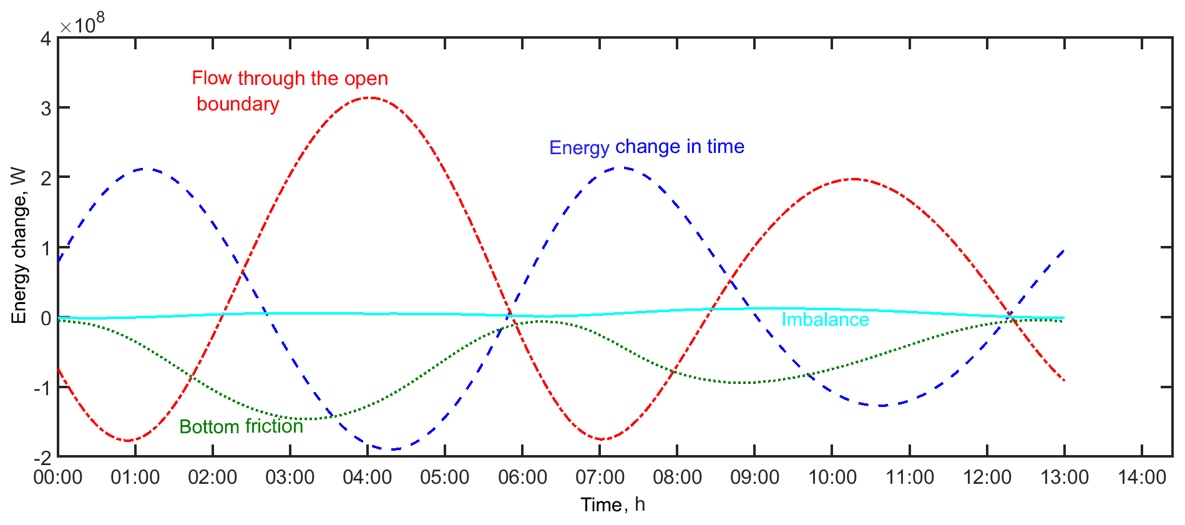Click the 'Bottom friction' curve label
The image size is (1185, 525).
coord(241,427)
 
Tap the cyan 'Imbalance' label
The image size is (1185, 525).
coord(825,320)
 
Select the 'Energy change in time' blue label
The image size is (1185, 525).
coord(646,147)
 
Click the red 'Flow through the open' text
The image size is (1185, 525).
coord(290,79)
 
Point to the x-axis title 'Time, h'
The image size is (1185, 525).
coord(612,504)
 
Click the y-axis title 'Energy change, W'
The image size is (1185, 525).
coord(19,245)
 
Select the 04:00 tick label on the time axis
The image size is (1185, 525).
coord(367,478)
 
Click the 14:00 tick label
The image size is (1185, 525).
coord(1141,478)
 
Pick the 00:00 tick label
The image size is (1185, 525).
coord(58,478)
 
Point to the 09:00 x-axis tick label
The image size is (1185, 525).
coord(754,478)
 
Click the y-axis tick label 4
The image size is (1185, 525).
coord(46,39)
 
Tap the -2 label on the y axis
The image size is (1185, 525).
coord(42,458)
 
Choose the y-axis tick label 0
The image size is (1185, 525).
coord(46,318)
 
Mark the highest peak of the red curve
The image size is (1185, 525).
coord(371,98)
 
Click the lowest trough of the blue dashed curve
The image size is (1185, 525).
coord(391,449)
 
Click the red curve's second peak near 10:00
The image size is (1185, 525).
coord(853,179)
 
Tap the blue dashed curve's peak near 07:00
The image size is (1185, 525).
coord(620,168)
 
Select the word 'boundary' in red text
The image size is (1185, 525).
coord(238,104)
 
